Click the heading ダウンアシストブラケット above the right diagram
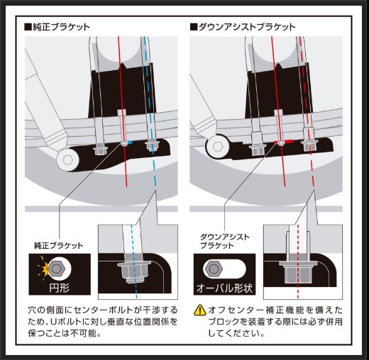246,27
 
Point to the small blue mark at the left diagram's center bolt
131,143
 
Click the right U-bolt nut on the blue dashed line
150,147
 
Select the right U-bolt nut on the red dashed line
309,146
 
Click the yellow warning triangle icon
201,310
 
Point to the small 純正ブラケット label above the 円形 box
58,245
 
